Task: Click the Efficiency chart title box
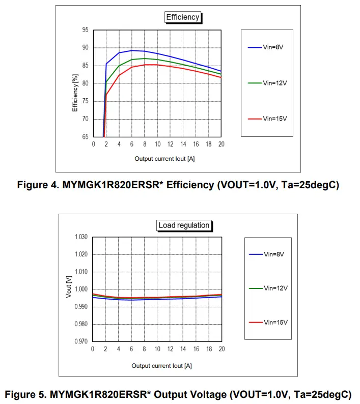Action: pyautogui.click(x=183, y=17)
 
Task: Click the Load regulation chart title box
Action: pyautogui.click(x=184, y=225)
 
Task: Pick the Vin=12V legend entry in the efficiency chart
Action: pyautogui.click(x=267, y=82)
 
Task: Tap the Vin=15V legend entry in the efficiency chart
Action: pyautogui.click(x=267, y=119)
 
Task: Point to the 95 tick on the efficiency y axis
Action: pyautogui.click(x=85, y=30)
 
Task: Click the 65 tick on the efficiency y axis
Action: pyautogui.click(x=85, y=137)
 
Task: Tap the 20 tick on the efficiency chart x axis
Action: pyautogui.click(x=221, y=145)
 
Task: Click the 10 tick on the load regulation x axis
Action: pyautogui.click(x=157, y=349)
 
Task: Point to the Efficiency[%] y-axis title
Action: pyautogui.click(x=75, y=93)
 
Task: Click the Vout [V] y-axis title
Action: pyautogui.click(x=69, y=286)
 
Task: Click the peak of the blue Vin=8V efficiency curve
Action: pyautogui.click(x=132, y=50)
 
